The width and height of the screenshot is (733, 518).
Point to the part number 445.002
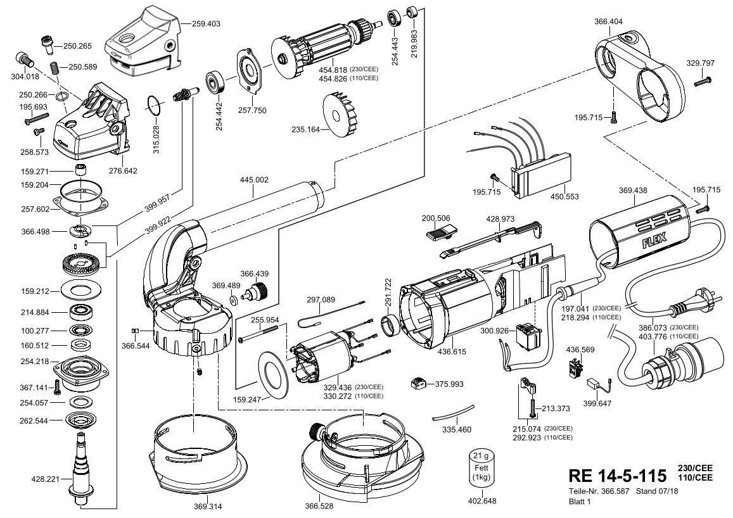pyautogui.click(x=254, y=180)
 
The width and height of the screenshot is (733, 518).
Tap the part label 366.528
pyautogui.click(x=319, y=506)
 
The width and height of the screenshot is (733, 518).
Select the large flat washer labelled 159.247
pyautogui.click(x=273, y=374)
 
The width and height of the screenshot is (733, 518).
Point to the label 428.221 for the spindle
pyautogui.click(x=46, y=479)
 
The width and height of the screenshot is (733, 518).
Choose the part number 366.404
pyautogui.click(x=609, y=21)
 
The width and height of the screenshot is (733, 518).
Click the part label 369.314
pyautogui.click(x=208, y=506)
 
